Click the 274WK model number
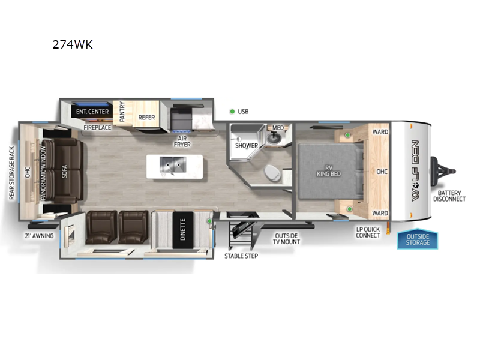73,44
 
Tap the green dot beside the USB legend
232,112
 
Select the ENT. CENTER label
92,112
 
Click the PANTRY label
122,112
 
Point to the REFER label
146,117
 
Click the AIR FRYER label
182,142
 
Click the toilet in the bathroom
272,173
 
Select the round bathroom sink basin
274,138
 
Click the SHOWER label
247,145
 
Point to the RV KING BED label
328,171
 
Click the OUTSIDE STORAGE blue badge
418,239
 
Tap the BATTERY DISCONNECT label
449,196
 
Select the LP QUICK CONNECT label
368,232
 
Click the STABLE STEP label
241,256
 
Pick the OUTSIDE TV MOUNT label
286,239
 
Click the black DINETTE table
183,230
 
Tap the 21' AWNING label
39,236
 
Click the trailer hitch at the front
443,171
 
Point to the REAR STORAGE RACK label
11,173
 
